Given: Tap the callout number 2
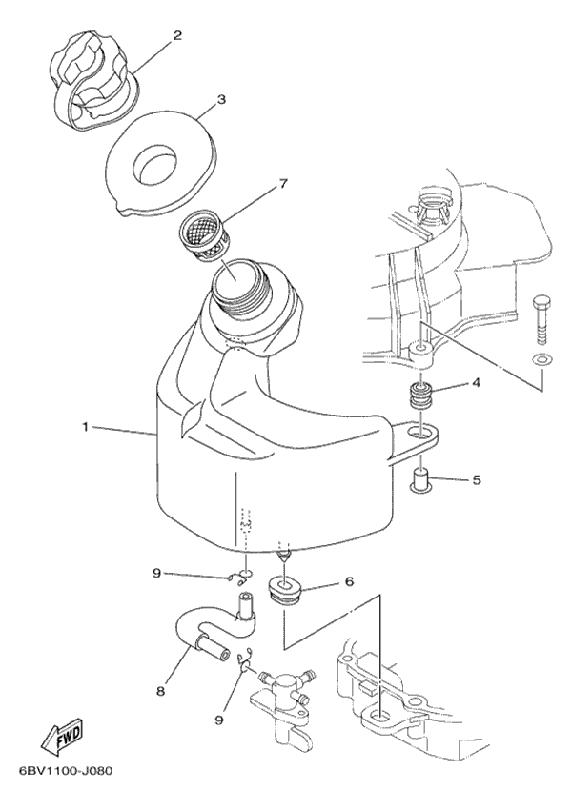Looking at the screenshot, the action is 177,36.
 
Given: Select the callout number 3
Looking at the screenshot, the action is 221,99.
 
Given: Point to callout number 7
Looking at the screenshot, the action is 283,184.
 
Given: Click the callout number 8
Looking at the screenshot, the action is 160,691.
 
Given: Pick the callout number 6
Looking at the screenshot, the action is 349,581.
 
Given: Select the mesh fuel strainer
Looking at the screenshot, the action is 205,236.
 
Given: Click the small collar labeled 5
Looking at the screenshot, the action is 420,478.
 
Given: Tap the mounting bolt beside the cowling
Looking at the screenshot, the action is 541,319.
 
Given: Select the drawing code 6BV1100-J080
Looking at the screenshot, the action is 66,771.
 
